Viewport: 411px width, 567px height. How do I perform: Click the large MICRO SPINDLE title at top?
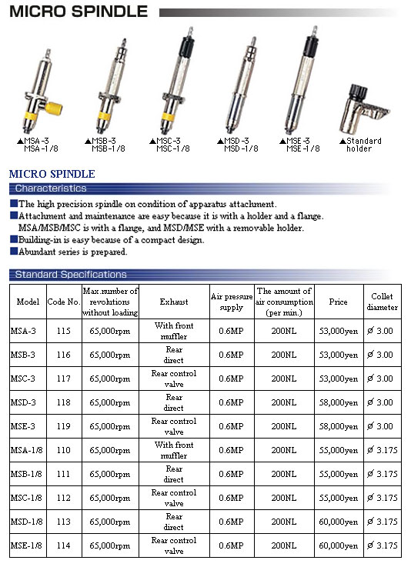tap(79, 12)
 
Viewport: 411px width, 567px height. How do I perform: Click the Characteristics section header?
tap(51, 188)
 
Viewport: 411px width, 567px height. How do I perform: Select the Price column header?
tap(338, 302)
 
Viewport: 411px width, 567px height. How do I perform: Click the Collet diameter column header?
tap(382, 302)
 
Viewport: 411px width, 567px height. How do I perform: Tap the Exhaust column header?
tap(174, 302)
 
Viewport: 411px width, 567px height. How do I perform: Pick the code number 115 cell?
tap(63, 331)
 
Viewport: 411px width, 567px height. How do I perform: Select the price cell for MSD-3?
tap(338, 402)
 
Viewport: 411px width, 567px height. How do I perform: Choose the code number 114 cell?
tap(63, 545)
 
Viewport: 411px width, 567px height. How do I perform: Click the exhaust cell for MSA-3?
tap(174, 331)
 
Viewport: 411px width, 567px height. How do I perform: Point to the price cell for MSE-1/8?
tap(338, 545)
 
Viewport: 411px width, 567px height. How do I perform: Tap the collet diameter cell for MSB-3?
tap(382, 355)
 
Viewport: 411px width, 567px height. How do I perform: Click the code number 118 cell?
tap(63, 402)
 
